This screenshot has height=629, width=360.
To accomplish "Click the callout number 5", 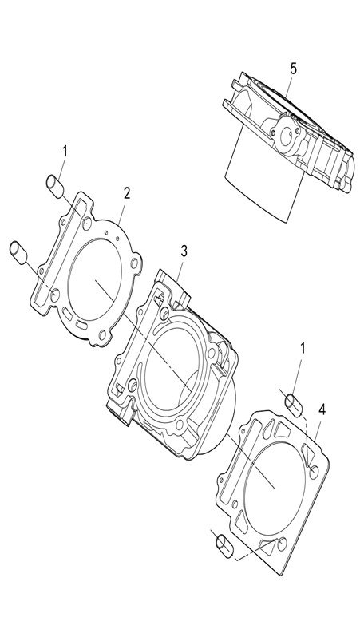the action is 294,69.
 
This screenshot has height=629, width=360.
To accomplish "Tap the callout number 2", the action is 127,194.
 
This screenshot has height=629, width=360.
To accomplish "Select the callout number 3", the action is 184,251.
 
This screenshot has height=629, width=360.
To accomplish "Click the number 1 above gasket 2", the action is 65,152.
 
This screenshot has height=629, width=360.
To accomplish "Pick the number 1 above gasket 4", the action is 303,348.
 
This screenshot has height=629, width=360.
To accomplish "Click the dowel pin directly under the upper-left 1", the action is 55,186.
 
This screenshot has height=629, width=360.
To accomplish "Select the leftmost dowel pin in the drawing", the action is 18,253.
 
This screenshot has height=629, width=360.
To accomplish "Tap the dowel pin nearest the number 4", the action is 294,405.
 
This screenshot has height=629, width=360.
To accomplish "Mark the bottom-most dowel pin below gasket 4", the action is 225,546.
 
